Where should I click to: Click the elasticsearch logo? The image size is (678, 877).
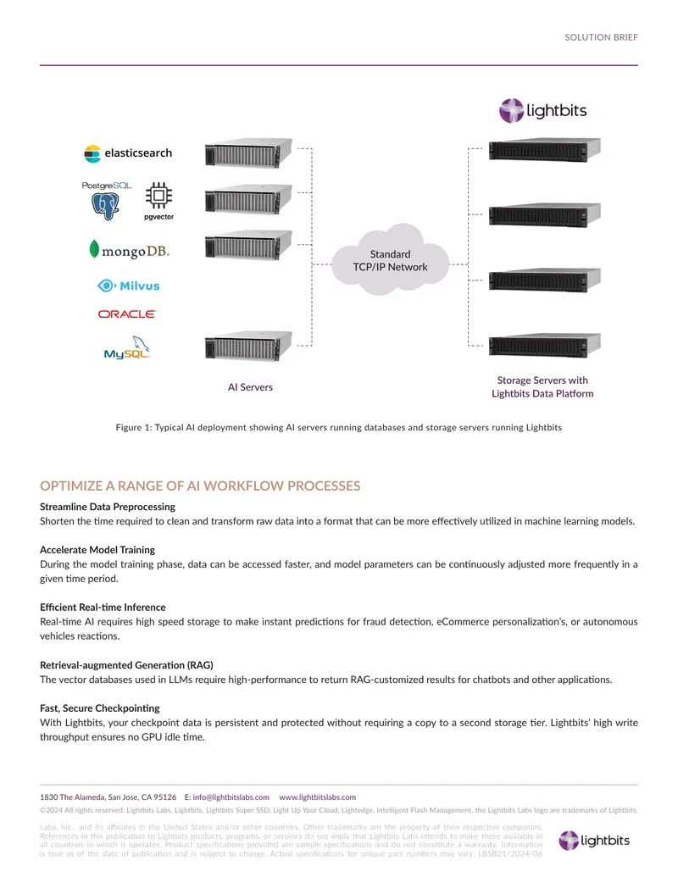pos(128,153)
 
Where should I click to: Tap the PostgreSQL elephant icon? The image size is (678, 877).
pos(105,206)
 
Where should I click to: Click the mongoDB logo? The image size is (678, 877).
pos(129,250)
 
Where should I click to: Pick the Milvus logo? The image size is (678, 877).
pos(129,286)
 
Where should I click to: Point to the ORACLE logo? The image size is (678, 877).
pos(127,314)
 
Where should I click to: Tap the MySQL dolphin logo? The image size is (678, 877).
pos(127,347)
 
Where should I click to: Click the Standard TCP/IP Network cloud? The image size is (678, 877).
pos(391,261)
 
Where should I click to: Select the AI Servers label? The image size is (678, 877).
pos(250,387)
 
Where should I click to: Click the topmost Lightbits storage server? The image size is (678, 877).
pos(544,150)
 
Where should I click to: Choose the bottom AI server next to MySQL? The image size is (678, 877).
pos(248,347)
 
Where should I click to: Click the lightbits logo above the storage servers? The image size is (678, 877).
pos(542,110)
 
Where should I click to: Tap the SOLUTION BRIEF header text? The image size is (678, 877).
pos(601,37)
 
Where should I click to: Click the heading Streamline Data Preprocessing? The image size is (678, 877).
pos(108,507)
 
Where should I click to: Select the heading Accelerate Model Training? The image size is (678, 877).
pos(97,550)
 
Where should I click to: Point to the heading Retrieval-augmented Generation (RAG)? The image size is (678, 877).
pos(126,665)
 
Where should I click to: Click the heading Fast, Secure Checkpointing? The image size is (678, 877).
pos(99,708)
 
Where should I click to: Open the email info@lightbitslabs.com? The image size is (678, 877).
pos(231,797)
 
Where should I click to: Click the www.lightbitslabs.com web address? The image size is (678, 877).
pos(317,797)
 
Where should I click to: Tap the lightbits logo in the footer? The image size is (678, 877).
pos(594,840)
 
